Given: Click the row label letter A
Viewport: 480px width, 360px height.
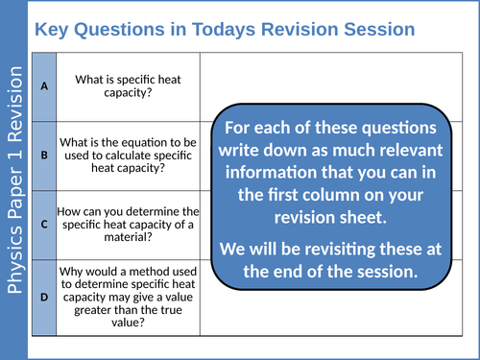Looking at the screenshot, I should [x=44, y=85].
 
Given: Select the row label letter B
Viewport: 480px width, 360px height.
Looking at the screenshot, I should [x=44, y=153].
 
